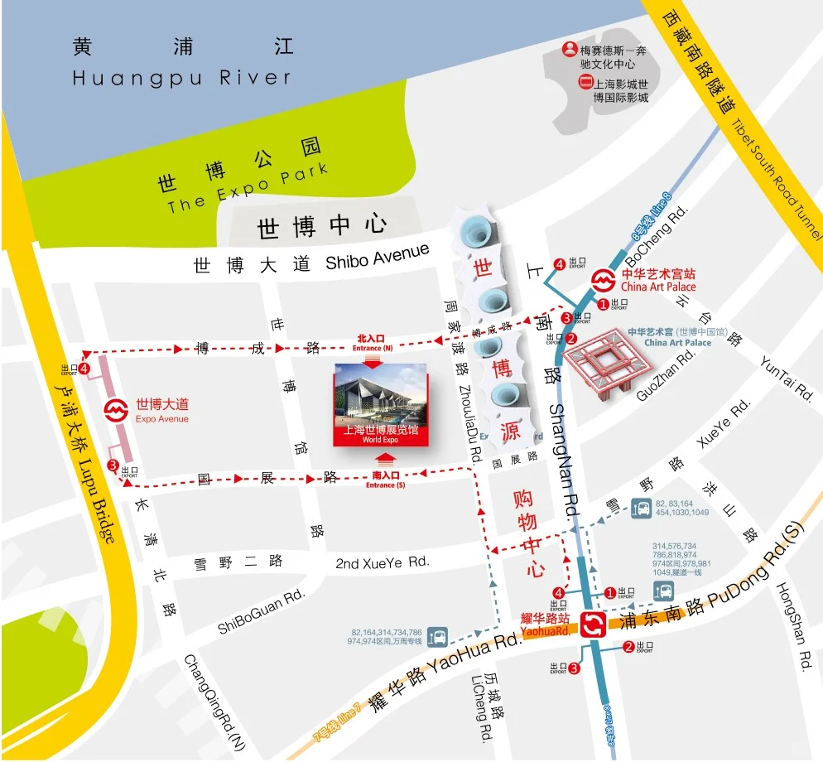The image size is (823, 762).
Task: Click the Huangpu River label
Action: (182, 78)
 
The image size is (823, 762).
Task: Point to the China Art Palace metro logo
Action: (603, 279)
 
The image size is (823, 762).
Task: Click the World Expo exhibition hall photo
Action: (381, 404)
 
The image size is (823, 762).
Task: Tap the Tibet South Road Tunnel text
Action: (774, 174)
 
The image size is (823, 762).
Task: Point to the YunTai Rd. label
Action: (787, 378)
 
